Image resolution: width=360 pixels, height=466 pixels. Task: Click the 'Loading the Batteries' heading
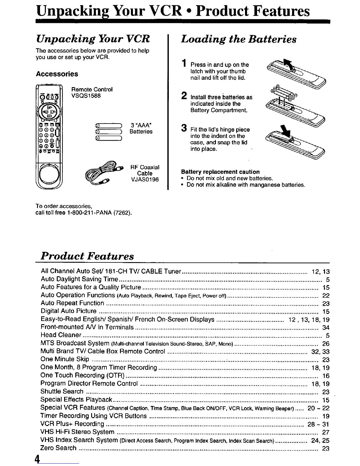tap(239, 39)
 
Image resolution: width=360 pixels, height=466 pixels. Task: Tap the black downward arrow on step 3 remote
tap(284, 129)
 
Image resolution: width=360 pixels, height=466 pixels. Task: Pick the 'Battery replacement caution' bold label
tap(220, 172)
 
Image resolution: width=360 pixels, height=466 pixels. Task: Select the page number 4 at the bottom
tap(37, 459)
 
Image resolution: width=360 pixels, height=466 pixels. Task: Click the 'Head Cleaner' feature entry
tap(61, 335)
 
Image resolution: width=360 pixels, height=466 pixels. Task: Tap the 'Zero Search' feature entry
tap(58, 448)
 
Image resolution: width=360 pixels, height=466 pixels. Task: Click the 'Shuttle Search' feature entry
tap(62, 392)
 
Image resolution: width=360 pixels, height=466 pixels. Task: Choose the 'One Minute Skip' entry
tap(65, 359)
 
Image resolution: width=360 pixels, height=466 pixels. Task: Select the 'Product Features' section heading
tap(87, 256)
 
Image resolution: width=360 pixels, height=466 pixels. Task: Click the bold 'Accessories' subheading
tap(57, 74)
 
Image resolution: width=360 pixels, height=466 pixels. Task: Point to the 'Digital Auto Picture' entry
tap(69, 311)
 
